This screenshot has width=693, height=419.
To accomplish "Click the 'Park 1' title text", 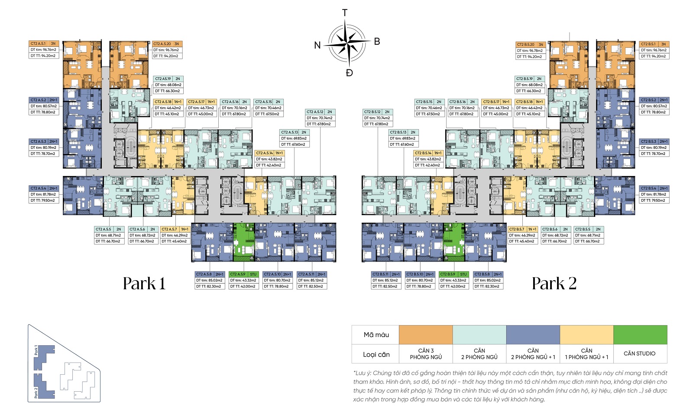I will point(144,284).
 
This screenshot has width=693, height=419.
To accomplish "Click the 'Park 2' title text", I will point(554,284).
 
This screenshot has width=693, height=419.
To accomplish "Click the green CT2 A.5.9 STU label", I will point(243,274).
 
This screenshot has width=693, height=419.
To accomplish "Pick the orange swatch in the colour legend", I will point(425,335).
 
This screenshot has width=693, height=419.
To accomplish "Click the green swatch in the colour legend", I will point(640,335).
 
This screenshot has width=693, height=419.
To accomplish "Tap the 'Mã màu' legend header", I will point(376,335).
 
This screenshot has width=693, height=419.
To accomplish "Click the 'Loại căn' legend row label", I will point(376,354).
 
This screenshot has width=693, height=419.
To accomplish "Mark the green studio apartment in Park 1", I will point(243,242).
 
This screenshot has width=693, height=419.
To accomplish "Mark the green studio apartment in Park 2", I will point(453,242).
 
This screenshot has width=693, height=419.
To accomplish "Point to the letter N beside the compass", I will point(317,45).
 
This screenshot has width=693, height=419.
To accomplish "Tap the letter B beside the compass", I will point(377,42).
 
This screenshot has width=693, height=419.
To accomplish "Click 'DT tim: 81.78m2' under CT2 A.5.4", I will point(43,194).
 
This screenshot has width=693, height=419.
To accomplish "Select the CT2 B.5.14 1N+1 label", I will point(428,153).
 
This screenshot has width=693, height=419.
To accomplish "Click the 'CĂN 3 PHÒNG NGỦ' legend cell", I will point(426,354).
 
